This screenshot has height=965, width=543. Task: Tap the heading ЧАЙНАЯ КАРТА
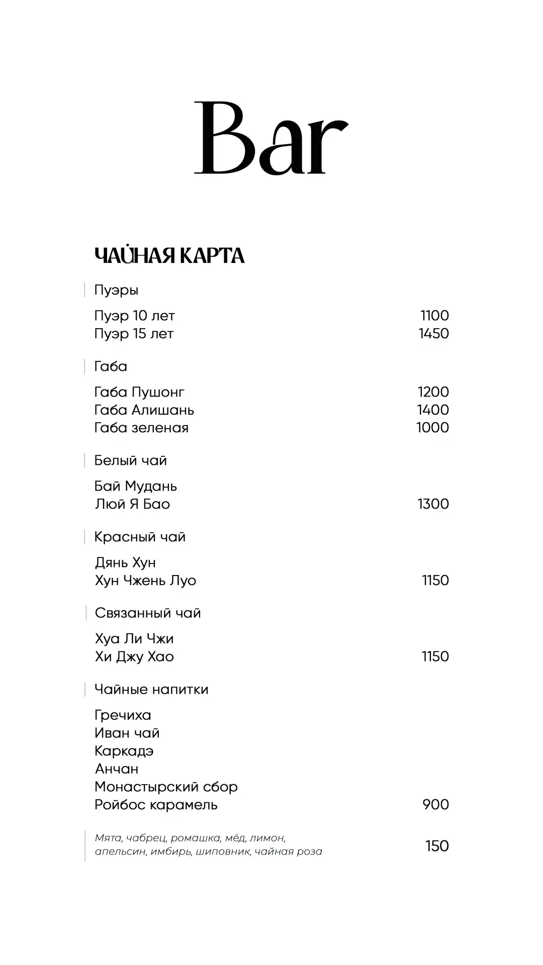tap(169, 256)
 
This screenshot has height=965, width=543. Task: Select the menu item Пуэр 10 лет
tap(134, 316)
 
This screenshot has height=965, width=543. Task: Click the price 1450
tap(433, 334)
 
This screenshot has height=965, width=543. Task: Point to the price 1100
tap(434, 316)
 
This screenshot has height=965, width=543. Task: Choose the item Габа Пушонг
tap(139, 392)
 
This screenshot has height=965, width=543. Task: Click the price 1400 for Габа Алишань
tap(432, 410)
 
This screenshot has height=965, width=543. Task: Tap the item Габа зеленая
tap(141, 428)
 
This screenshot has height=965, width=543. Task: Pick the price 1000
tap(432, 428)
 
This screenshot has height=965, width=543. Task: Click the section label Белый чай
tap(130, 460)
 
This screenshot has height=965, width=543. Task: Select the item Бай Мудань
tap(136, 486)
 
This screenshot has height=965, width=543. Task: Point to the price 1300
tap(433, 504)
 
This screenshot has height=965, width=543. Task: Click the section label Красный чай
tap(140, 537)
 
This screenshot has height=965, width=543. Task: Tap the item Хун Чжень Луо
tap(145, 581)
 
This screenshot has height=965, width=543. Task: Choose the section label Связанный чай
tap(148, 613)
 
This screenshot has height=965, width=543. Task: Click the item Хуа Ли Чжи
tap(134, 639)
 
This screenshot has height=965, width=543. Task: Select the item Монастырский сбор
tap(166, 787)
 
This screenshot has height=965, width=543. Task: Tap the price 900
tap(435, 805)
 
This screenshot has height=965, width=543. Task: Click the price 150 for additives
tap(436, 846)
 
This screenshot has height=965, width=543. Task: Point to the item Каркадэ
tap(124, 751)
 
